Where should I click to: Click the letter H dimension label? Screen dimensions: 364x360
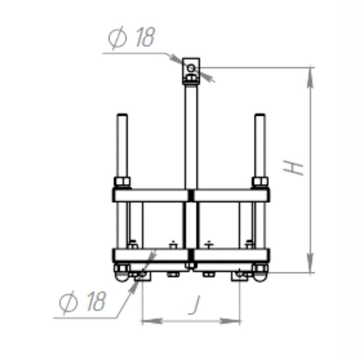(x=293, y=167)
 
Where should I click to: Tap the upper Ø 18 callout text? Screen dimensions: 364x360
(x=131, y=37)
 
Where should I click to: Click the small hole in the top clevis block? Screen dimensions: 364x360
(x=191, y=68)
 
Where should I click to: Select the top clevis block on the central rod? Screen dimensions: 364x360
(x=191, y=71)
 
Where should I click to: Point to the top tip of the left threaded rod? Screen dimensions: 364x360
(x=122, y=114)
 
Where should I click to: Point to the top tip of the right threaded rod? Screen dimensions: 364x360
(x=260, y=114)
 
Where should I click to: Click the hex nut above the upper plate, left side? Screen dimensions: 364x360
(x=122, y=182)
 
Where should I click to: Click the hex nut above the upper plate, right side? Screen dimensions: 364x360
(x=260, y=182)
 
